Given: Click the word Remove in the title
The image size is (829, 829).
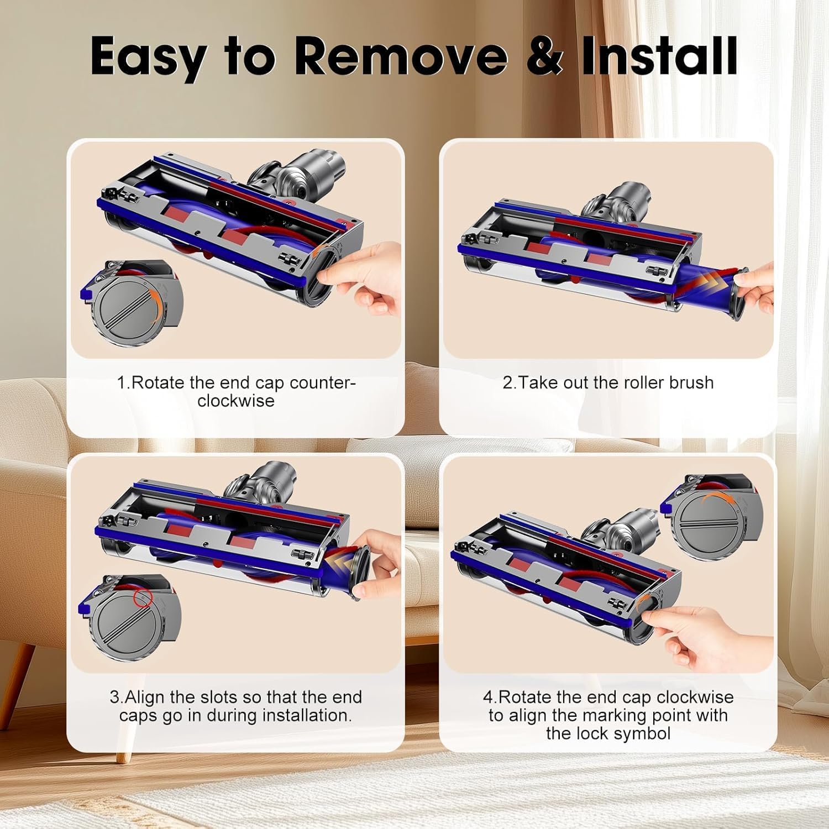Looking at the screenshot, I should pyautogui.click(x=400, y=56).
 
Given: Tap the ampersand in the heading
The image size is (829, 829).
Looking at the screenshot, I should pyautogui.click(x=544, y=56).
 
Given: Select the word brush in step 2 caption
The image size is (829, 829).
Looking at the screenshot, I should pyautogui.click(x=691, y=382).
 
